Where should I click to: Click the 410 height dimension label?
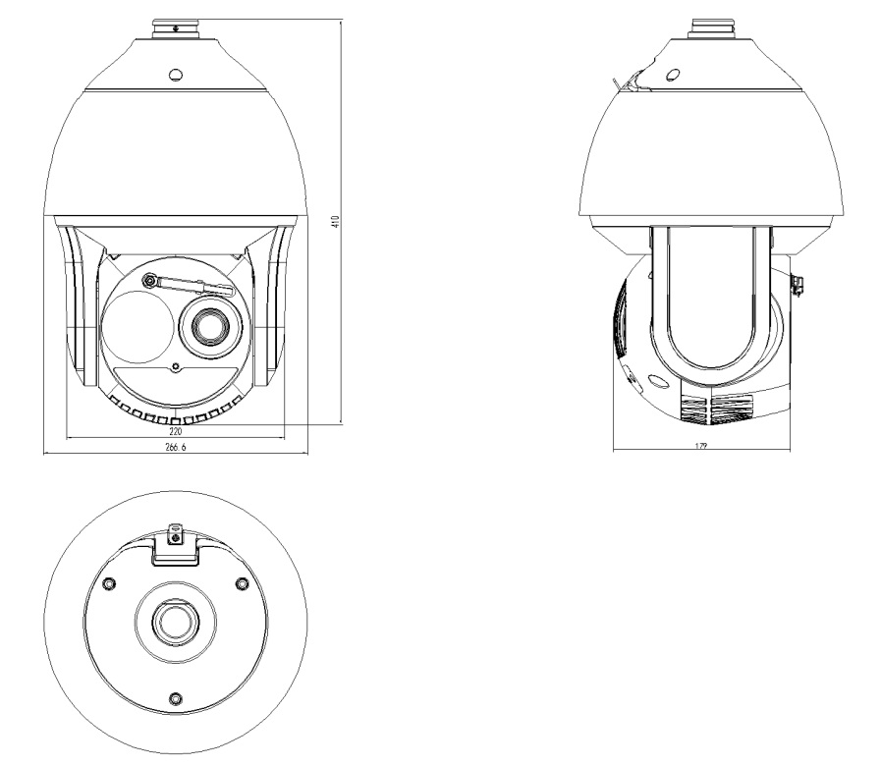pos(336,221)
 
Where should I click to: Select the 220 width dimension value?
pos(176,431)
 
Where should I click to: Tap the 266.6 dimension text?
pos(175,447)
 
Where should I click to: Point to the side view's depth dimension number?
pos(701,446)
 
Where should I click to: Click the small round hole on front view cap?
pos(176,75)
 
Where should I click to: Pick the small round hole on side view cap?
pos(673,74)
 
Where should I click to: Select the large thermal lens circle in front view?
pos(136,327)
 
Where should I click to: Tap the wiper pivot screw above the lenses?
pos(150,280)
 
